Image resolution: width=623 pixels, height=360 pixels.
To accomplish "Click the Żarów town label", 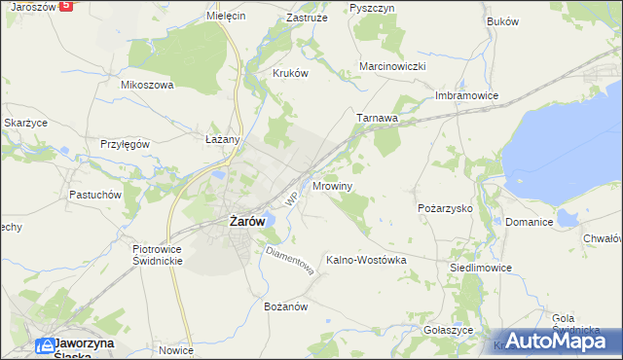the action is (x=246, y=221).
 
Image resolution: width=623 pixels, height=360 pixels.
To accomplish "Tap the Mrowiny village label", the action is (x=333, y=185).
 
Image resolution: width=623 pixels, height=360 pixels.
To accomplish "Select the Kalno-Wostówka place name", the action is (x=365, y=260).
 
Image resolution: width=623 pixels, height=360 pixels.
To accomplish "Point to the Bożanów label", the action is (x=286, y=306).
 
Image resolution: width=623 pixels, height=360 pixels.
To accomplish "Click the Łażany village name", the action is (x=223, y=139).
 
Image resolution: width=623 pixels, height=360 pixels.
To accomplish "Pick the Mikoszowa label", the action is (x=146, y=85).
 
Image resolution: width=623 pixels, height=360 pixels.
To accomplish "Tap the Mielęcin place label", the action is (x=227, y=17).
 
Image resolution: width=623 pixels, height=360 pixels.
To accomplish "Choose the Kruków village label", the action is (x=290, y=73).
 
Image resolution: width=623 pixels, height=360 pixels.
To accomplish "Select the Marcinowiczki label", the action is (x=393, y=66).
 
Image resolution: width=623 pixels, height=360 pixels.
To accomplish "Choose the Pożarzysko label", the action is (x=444, y=208).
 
